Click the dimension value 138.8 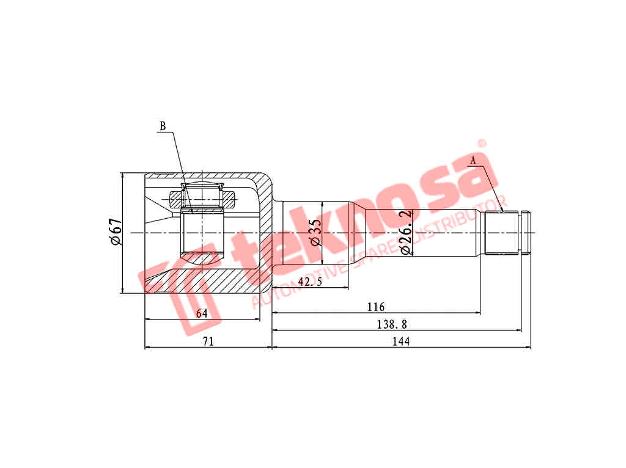[392, 324]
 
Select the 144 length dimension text [401, 342]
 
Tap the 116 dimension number [376, 307]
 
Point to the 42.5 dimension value [310, 282]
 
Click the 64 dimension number [202, 313]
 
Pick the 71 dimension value [208, 342]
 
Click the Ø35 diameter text [315, 232]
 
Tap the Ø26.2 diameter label [406, 232]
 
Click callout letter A [473, 161]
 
